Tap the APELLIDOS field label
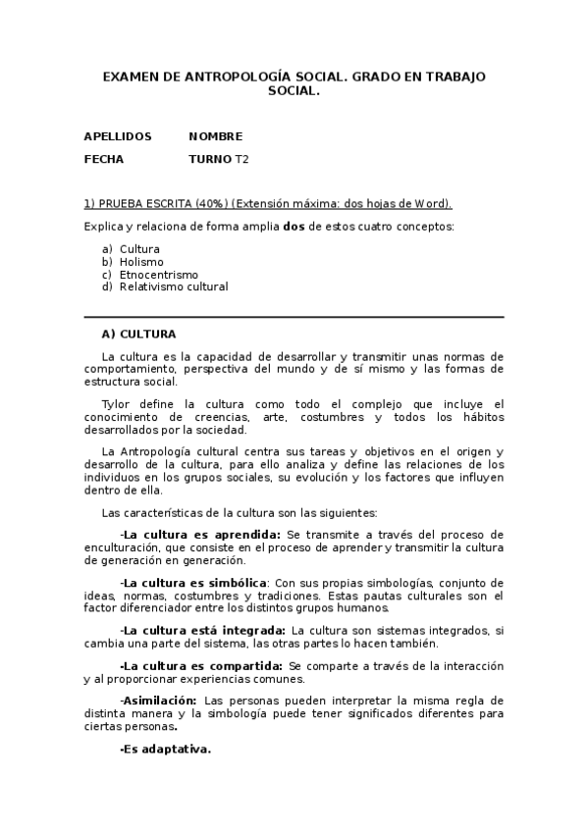[x=118, y=136]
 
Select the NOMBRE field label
[x=215, y=136]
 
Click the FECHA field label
[x=104, y=158]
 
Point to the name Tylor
[x=116, y=403]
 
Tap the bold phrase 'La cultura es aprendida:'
[x=201, y=534]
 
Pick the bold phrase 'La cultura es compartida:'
[x=202, y=665]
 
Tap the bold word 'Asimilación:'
[x=158, y=701]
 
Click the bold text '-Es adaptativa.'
[x=165, y=749]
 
